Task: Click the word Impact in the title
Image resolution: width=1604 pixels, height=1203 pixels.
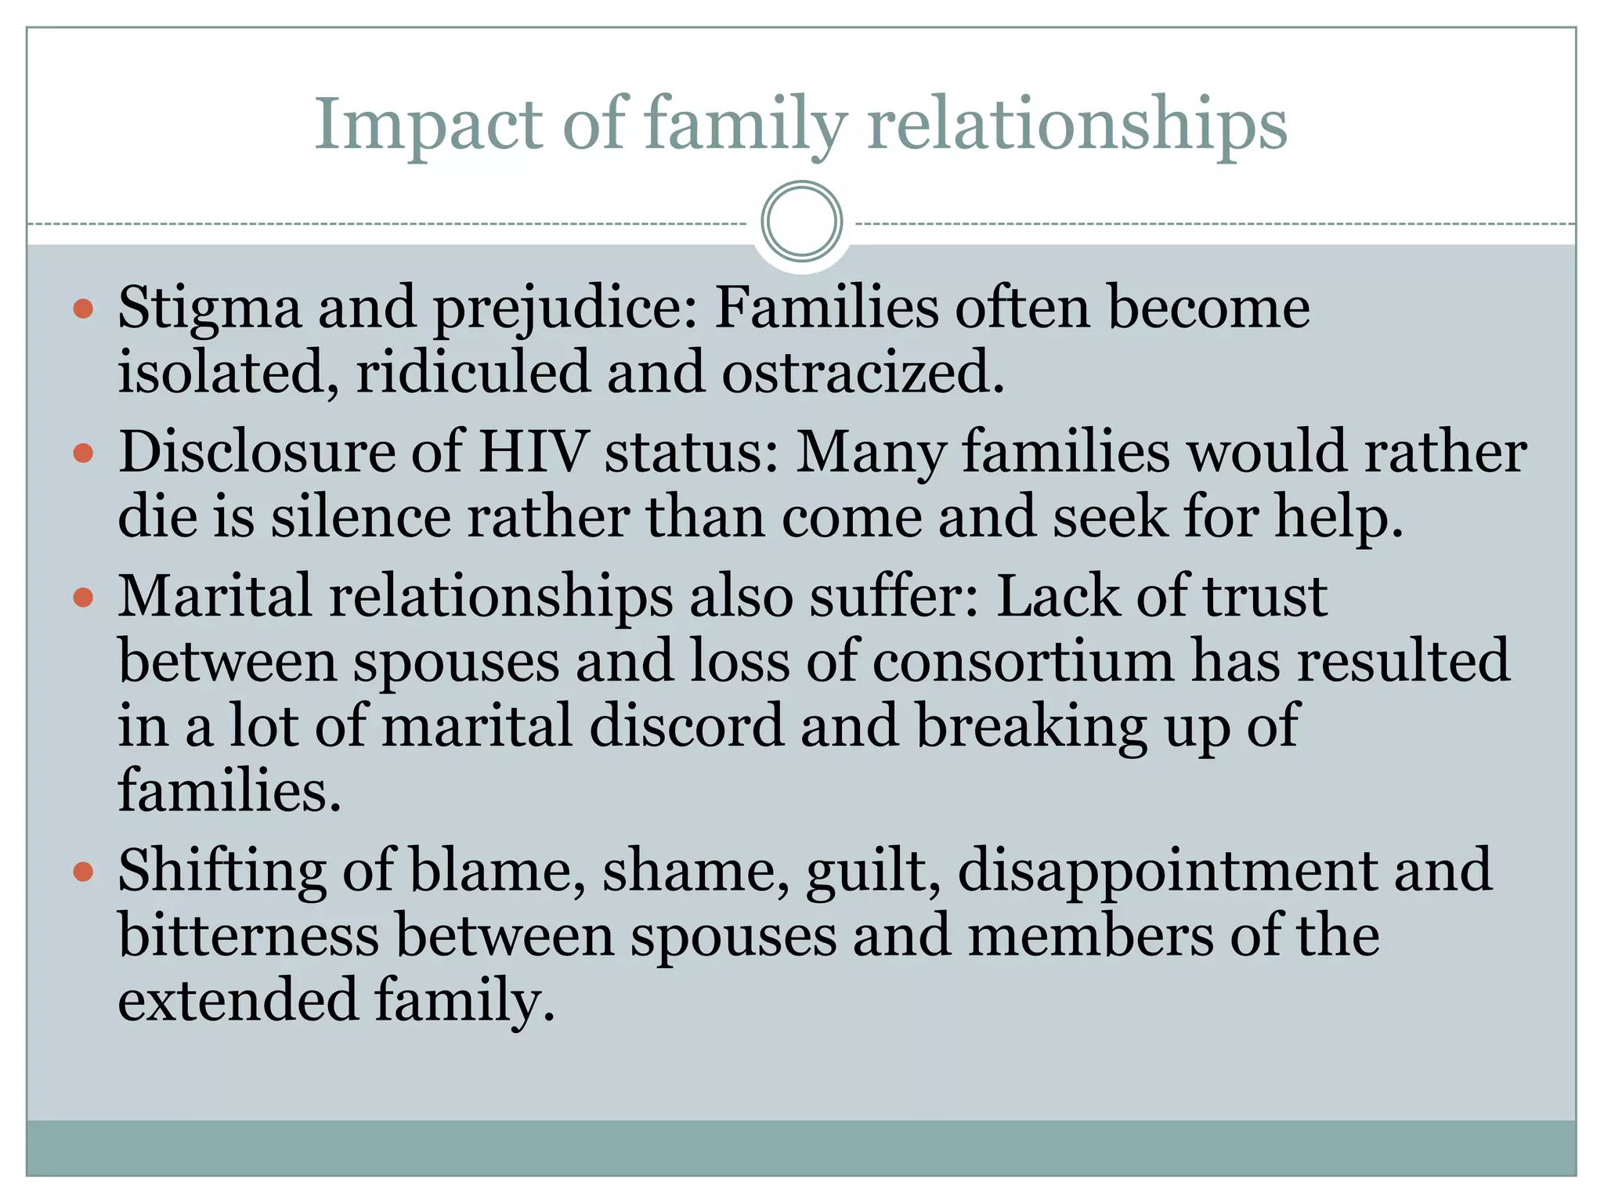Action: click(428, 125)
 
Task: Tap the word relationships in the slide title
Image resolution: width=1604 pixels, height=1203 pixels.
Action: click(1077, 125)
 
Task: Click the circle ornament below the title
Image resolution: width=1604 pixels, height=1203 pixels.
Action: click(801, 222)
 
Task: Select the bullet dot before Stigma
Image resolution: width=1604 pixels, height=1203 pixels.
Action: click(83, 309)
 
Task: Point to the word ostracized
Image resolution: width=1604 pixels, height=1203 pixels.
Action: click(862, 372)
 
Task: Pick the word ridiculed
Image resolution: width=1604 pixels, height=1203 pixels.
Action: click(472, 372)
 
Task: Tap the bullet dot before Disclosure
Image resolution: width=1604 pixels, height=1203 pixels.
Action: click(83, 453)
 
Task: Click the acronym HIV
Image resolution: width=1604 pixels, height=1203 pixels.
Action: click(532, 453)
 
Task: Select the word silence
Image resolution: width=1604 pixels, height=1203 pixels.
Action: click(360, 518)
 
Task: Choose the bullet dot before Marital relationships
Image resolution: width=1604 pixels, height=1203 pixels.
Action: click(83, 598)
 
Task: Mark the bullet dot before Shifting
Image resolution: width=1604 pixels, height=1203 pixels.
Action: click(83, 872)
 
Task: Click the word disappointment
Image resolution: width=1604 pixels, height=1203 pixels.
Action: click(1167, 872)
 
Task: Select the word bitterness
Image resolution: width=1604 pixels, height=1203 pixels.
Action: click(248, 936)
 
